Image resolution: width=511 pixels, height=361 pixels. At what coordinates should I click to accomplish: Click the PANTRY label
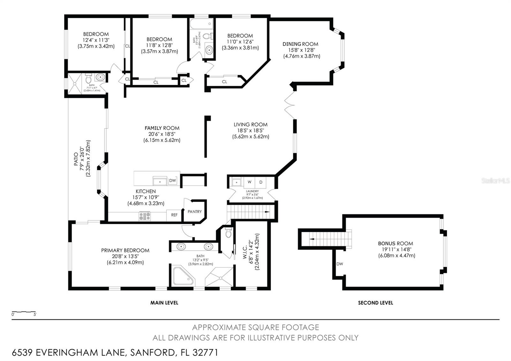(x=194, y=211)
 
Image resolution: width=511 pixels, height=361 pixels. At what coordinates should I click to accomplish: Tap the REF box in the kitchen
(x=174, y=215)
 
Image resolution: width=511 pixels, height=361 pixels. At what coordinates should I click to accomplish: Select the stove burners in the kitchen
(x=145, y=216)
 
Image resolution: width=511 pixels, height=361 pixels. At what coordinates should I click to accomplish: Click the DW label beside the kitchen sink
(x=172, y=180)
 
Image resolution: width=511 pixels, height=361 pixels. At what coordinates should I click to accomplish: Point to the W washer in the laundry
(x=249, y=182)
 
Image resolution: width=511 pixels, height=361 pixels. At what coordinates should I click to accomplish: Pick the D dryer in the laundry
(x=261, y=182)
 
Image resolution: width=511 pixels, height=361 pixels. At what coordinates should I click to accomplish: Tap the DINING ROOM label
(x=300, y=44)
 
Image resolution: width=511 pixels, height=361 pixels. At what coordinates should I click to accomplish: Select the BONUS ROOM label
(x=395, y=243)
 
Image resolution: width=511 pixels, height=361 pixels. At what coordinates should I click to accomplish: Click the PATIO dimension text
(x=85, y=158)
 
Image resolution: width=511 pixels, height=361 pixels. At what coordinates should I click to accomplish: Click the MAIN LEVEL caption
(x=164, y=303)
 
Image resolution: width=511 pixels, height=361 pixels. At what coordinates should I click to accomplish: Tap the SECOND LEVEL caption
(x=375, y=303)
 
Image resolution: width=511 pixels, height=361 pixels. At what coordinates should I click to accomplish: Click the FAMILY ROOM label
(x=162, y=128)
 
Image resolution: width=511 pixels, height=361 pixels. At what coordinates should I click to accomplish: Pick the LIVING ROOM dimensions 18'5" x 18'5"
(x=250, y=130)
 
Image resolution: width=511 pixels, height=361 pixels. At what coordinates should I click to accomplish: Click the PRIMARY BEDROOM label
(x=125, y=250)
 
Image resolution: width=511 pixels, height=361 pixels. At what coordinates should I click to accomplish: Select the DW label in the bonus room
(x=339, y=264)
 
